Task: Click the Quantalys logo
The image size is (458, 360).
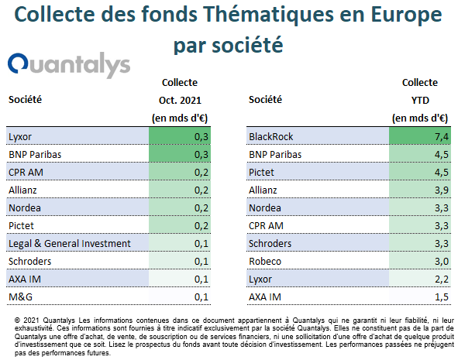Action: pyautogui.click(x=69, y=65)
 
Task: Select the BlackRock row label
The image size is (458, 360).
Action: pyautogui.click(x=270, y=136)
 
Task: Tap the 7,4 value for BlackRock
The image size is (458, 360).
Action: pyautogui.click(x=442, y=136)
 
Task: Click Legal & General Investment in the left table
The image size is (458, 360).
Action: pyautogui.click(x=70, y=244)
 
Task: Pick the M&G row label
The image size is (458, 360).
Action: pyautogui.click(x=20, y=297)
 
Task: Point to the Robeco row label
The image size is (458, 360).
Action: pyautogui.click(x=265, y=262)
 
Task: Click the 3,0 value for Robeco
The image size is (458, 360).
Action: pyautogui.click(x=442, y=262)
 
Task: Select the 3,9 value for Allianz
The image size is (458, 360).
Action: pyautogui.click(x=442, y=190)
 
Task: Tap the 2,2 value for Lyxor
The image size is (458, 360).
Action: pyautogui.click(x=442, y=279)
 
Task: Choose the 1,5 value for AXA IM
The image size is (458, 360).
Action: pyautogui.click(x=442, y=297)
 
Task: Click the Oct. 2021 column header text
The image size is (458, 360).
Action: pyautogui.click(x=180, y=101)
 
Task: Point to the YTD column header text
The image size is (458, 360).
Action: pyautogui.click(x=420, y=101)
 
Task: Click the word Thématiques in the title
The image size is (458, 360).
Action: pyautogui.click(x=268, y=15)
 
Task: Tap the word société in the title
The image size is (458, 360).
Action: pyautogui.click(x=247, y=45)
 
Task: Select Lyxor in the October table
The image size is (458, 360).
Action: pyautogui.click(x=20, y=137)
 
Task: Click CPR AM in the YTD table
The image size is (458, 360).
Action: pyautogui.click(x=266, y=226)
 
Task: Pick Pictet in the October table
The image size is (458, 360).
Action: pyautogui.click(x=21, y=226)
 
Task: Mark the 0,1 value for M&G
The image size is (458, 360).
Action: pyautogui.click(x=201, y=297)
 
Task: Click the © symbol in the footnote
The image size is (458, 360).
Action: pyautogui.click(x=17, y=321)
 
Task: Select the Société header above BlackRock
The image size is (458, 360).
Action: pyautogui.click(x=265, y=100)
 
